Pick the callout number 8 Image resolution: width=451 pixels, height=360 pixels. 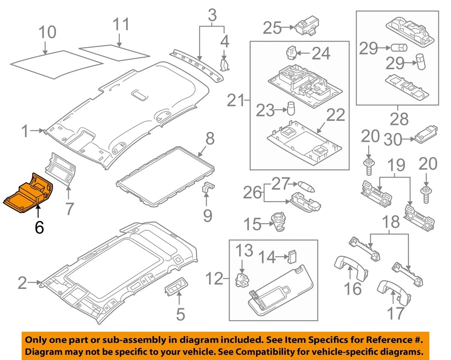[x=210, y=139]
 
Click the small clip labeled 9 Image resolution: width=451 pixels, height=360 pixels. [x=208, y=188]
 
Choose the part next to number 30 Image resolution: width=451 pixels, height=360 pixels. [x=426, y=135]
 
